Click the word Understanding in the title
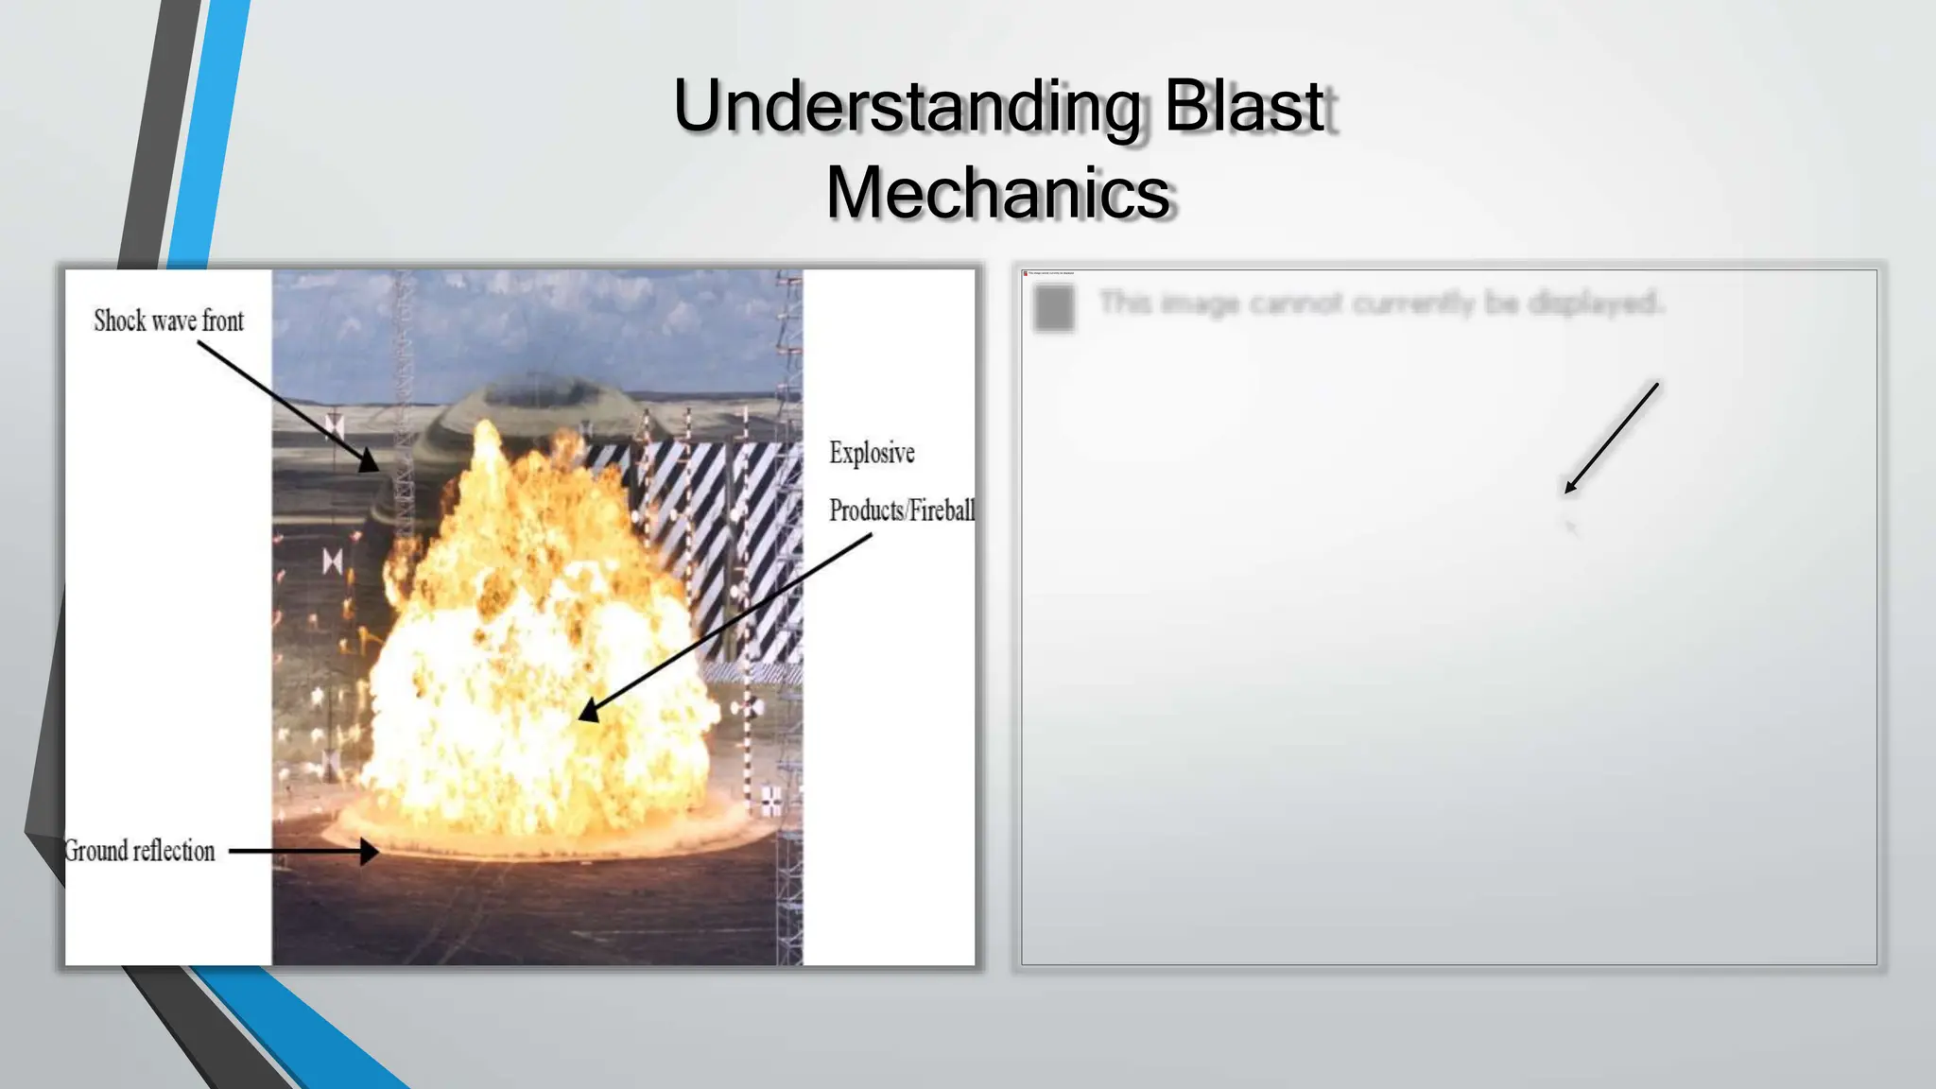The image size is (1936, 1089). tap(906, 106)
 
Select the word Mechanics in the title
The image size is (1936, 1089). tap(998, 193)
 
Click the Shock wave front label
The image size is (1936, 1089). tap(168, 321)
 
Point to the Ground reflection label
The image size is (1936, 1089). tap(140, 851)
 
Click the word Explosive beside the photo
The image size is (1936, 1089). tap(872, 453)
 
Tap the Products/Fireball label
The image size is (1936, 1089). tap(901, 510)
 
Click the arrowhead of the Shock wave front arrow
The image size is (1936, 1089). tap(370, 462)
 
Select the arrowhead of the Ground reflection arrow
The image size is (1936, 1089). tap(368, 851)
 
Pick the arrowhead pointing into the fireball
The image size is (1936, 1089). tap(590, 710)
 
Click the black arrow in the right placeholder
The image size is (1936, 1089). tap(1611, 438)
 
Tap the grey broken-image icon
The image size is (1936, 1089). tap(1054, 307)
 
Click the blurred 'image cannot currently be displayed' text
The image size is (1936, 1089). tap(1380, 303)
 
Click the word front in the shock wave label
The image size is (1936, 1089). tap(222, 321)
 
